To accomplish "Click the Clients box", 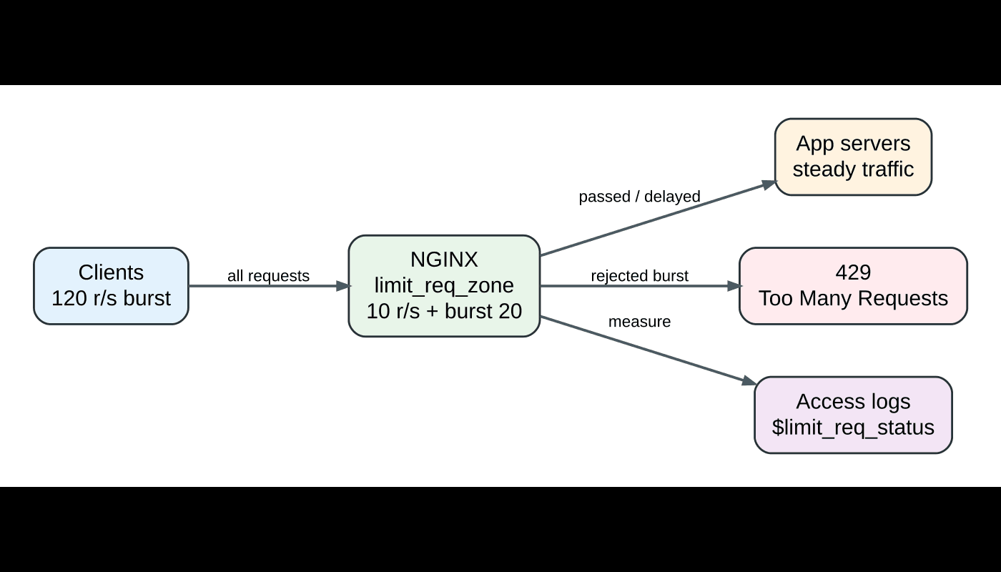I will pyautogui.click(x=111, y=286).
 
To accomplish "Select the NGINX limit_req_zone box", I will pyautogui.click(x=444, y=286).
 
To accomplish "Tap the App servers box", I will pyautogui.click(x=853, y=157).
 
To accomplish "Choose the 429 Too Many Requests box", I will pyautogui.click(x=853, y=286).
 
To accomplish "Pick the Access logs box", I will pyautogui.click(x=853, y=415).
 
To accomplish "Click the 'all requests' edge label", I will pyautogui.click(x=268, y=276).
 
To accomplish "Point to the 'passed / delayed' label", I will pyautogui.click(x=639, y=197).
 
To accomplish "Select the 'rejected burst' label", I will pyautogui.click(x=639, y=276).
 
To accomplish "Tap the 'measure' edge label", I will pyautogui.click(x=639, y=322).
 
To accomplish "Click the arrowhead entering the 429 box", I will pyautogui.click(x=734, y=286).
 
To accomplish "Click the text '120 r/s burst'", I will pyautogui.click(x=111, y=298).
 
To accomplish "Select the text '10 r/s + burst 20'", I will pyautogui.click(x=444, y=311).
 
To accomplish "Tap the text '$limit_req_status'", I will pyautogui.click(x=853, y=428).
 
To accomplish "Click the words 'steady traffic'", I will pyautogui.click(x=853, y=169).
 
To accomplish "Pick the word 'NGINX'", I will pyautogui.click(x=444, y=260).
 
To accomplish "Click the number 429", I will pyautogui.click(x=853, y=272).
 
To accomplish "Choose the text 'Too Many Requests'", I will pyautogui.click(x=853, y=298).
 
